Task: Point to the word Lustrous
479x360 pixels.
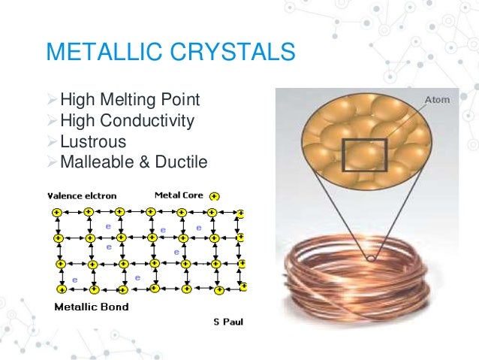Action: click(x=93, y=141)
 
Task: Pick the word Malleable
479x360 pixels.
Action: click(x=95, y=162)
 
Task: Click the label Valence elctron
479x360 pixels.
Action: click(x=82, y=195)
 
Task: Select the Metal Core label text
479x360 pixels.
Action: click(x=179, y=195)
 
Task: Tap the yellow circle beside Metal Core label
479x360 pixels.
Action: click(x=215, y=196)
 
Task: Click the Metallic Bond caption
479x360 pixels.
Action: click(x=91, y=307)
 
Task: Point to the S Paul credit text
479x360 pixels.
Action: click(x=228, y=322)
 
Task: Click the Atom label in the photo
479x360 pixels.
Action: click(x=437, y=100)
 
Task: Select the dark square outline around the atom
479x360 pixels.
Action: click(x=365, y=156)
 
